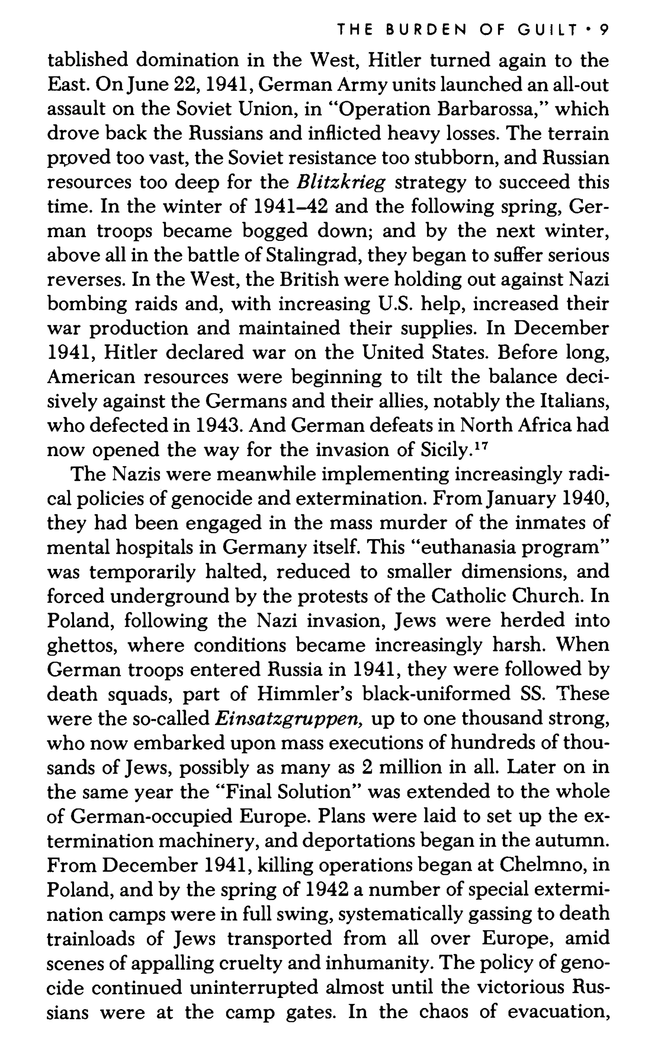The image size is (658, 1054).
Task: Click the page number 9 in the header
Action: pyautogui.click(x=604, y=30)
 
